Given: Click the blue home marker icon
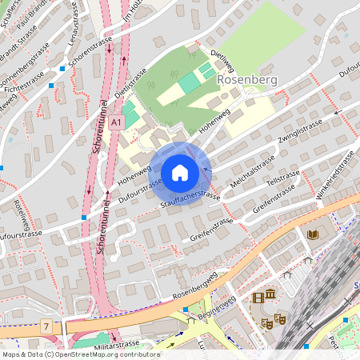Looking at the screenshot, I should pyautogui.click(x=180, y=173).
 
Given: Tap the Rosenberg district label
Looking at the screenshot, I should pyautogui.click(x=246, y=80).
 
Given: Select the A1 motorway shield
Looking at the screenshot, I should pyautogui.click(x=118, y=122).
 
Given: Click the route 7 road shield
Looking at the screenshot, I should pyautogui.click(x=47, y=326).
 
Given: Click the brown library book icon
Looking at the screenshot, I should pyautogui.click(x=312, y=234).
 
